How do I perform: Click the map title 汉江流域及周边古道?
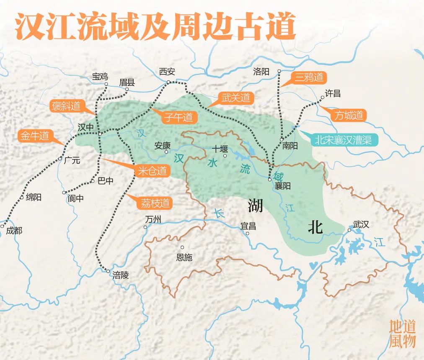coord(155,26)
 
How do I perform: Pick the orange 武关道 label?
coord(236,98)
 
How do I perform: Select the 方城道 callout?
coord(348,116)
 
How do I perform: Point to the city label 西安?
coord(167,72)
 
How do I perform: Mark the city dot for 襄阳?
coord(270,180)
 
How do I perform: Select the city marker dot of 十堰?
coord(225,156)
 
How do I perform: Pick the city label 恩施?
coord(184,257)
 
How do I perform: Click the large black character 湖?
coord(255,205)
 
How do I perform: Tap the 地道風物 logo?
coord(402,334)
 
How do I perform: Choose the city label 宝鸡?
coord(100,76)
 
